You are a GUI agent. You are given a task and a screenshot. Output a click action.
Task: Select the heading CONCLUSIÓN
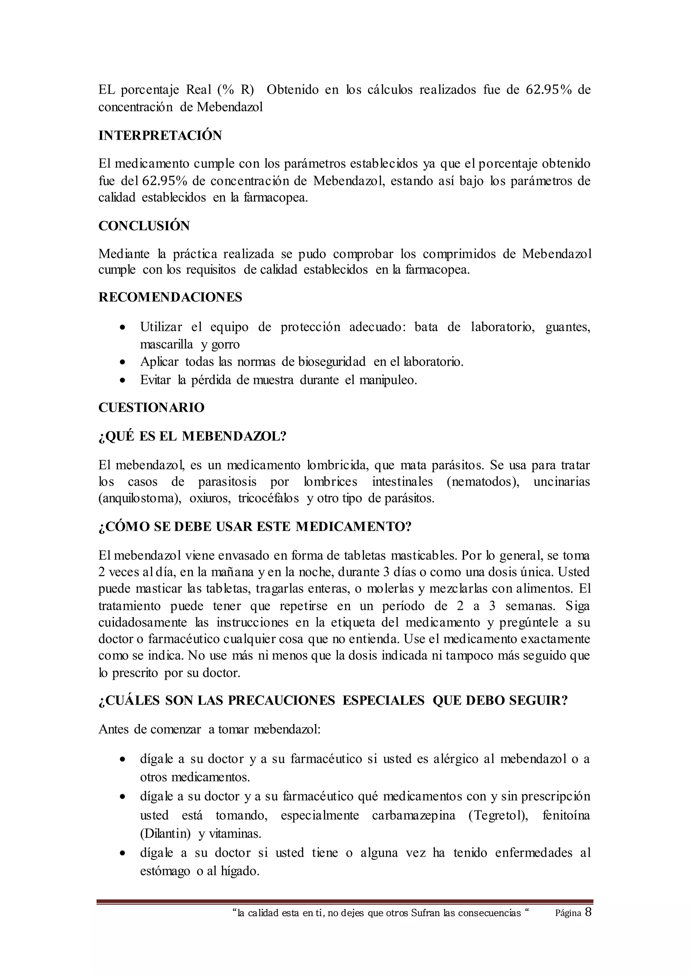(144, 226)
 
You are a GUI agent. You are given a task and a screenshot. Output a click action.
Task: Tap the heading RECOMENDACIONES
(170, 297)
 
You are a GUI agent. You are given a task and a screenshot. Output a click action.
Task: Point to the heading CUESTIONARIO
(151, 408)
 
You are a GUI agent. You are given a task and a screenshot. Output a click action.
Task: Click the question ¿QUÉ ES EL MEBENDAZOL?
(192, 437)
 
